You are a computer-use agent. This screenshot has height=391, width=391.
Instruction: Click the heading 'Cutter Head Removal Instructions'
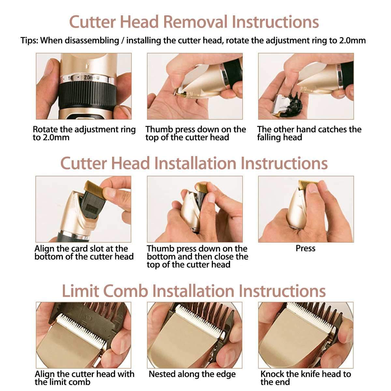[x=194, y=22]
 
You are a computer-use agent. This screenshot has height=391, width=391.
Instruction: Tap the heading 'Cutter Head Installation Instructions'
[x=194, y=163]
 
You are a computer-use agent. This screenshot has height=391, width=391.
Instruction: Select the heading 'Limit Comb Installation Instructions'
[x=194, y=291]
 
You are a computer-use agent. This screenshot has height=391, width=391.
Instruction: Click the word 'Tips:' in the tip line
[x=29, y=41]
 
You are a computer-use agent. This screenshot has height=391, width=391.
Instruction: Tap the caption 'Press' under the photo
[x=306, y=248]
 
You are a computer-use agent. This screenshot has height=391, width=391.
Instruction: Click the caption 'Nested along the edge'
[x=192, y=374]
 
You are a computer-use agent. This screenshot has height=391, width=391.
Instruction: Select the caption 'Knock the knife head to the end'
[x=306, y=378]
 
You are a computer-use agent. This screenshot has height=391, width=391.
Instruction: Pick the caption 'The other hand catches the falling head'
[x=309, y=133]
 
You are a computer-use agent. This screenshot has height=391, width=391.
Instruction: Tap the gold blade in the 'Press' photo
[x=307, y=184]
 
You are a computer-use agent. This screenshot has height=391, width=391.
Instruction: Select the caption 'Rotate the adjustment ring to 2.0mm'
[x=84, y=133]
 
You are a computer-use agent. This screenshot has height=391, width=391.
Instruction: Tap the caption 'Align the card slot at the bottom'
[x=84, y=253]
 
